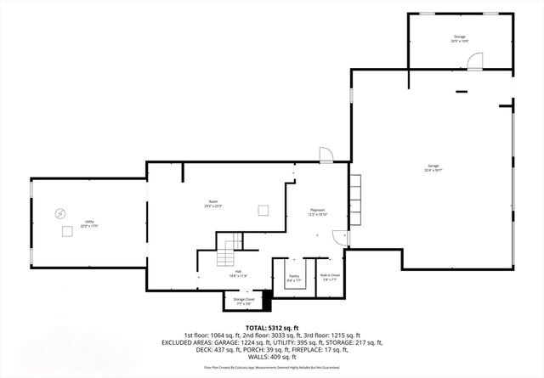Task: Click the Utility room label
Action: point(89,224)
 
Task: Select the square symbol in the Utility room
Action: point(65,230)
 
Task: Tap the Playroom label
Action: point(318,212)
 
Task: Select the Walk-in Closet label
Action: point(330,276)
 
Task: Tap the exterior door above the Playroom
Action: point(326,154)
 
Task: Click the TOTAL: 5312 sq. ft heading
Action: point(272,327)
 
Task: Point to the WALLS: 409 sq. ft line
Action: point(272,357)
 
